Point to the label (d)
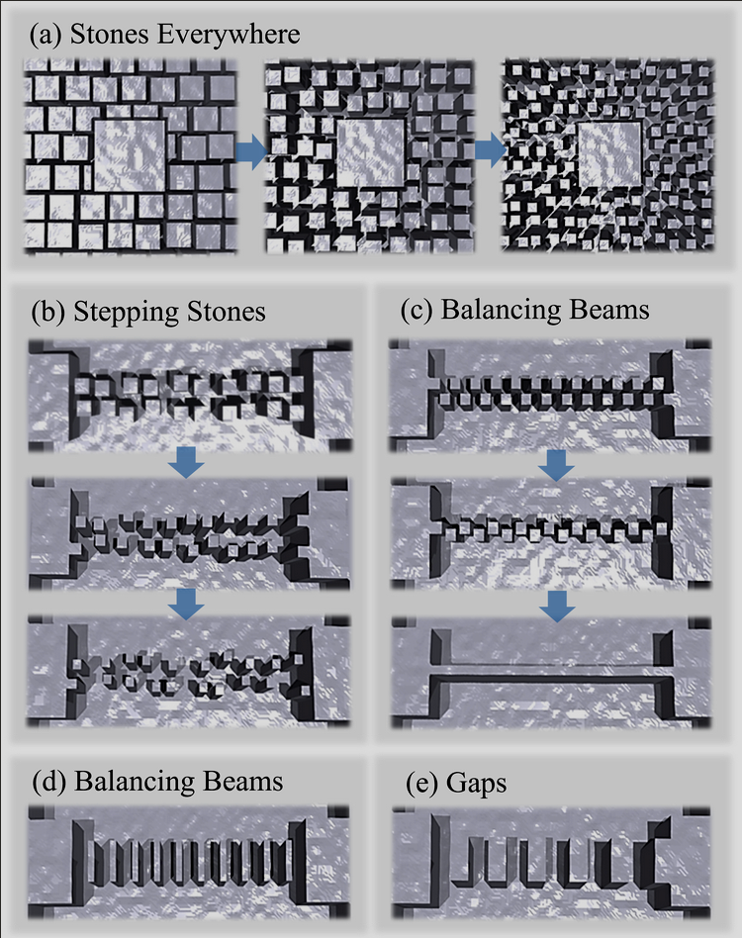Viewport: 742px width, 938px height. click(47, 781)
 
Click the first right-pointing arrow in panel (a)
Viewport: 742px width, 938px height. click(252, 152)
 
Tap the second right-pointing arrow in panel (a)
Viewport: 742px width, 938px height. click(489, 150)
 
